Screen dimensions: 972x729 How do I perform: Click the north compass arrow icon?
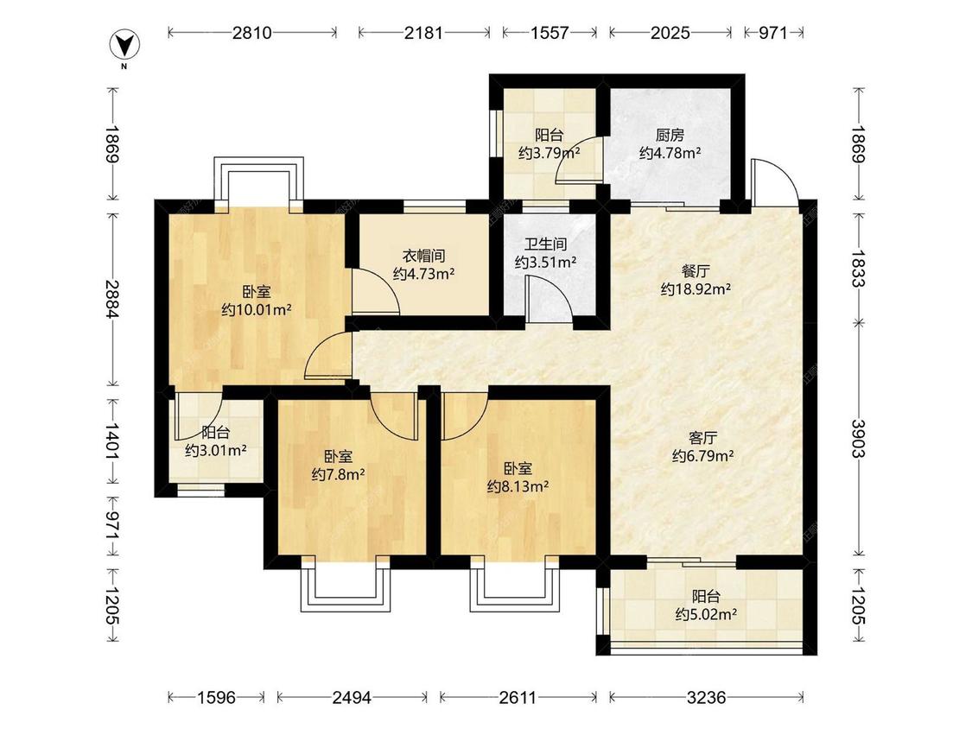click(x=124, y=45)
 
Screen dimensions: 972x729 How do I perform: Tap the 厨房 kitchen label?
click(x=670, y=135)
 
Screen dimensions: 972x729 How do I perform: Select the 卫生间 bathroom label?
click(x=545, y=244)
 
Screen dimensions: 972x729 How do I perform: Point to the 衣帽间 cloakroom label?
click(x=424, y=256)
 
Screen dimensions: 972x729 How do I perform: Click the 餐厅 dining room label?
click(x=696, y=271)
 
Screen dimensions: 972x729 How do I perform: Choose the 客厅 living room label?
click(x=703, y=438)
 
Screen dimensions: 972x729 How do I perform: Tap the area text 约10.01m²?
click(x=257, y=309)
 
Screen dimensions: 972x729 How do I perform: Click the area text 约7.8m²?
click(x=338, y=475)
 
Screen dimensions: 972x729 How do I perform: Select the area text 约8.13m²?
click(x=518, y=486)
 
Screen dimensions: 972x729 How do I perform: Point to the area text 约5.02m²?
click(x=706, y=614)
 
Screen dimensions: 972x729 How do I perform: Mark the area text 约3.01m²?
click(x=216, y=451)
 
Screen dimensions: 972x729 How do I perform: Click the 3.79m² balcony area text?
click(x=550, y=153)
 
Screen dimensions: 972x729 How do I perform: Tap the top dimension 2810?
click(x=252, y=32)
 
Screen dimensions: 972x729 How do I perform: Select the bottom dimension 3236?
click(x=706, y=698)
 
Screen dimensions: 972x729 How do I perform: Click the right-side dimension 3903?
click(x=858, y=438)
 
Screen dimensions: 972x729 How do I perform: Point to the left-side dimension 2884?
click(x=112, y=299)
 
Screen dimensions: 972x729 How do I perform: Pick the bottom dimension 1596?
click(x=216, y=698)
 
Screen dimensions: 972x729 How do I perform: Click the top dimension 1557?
click(x=550, y=32)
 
